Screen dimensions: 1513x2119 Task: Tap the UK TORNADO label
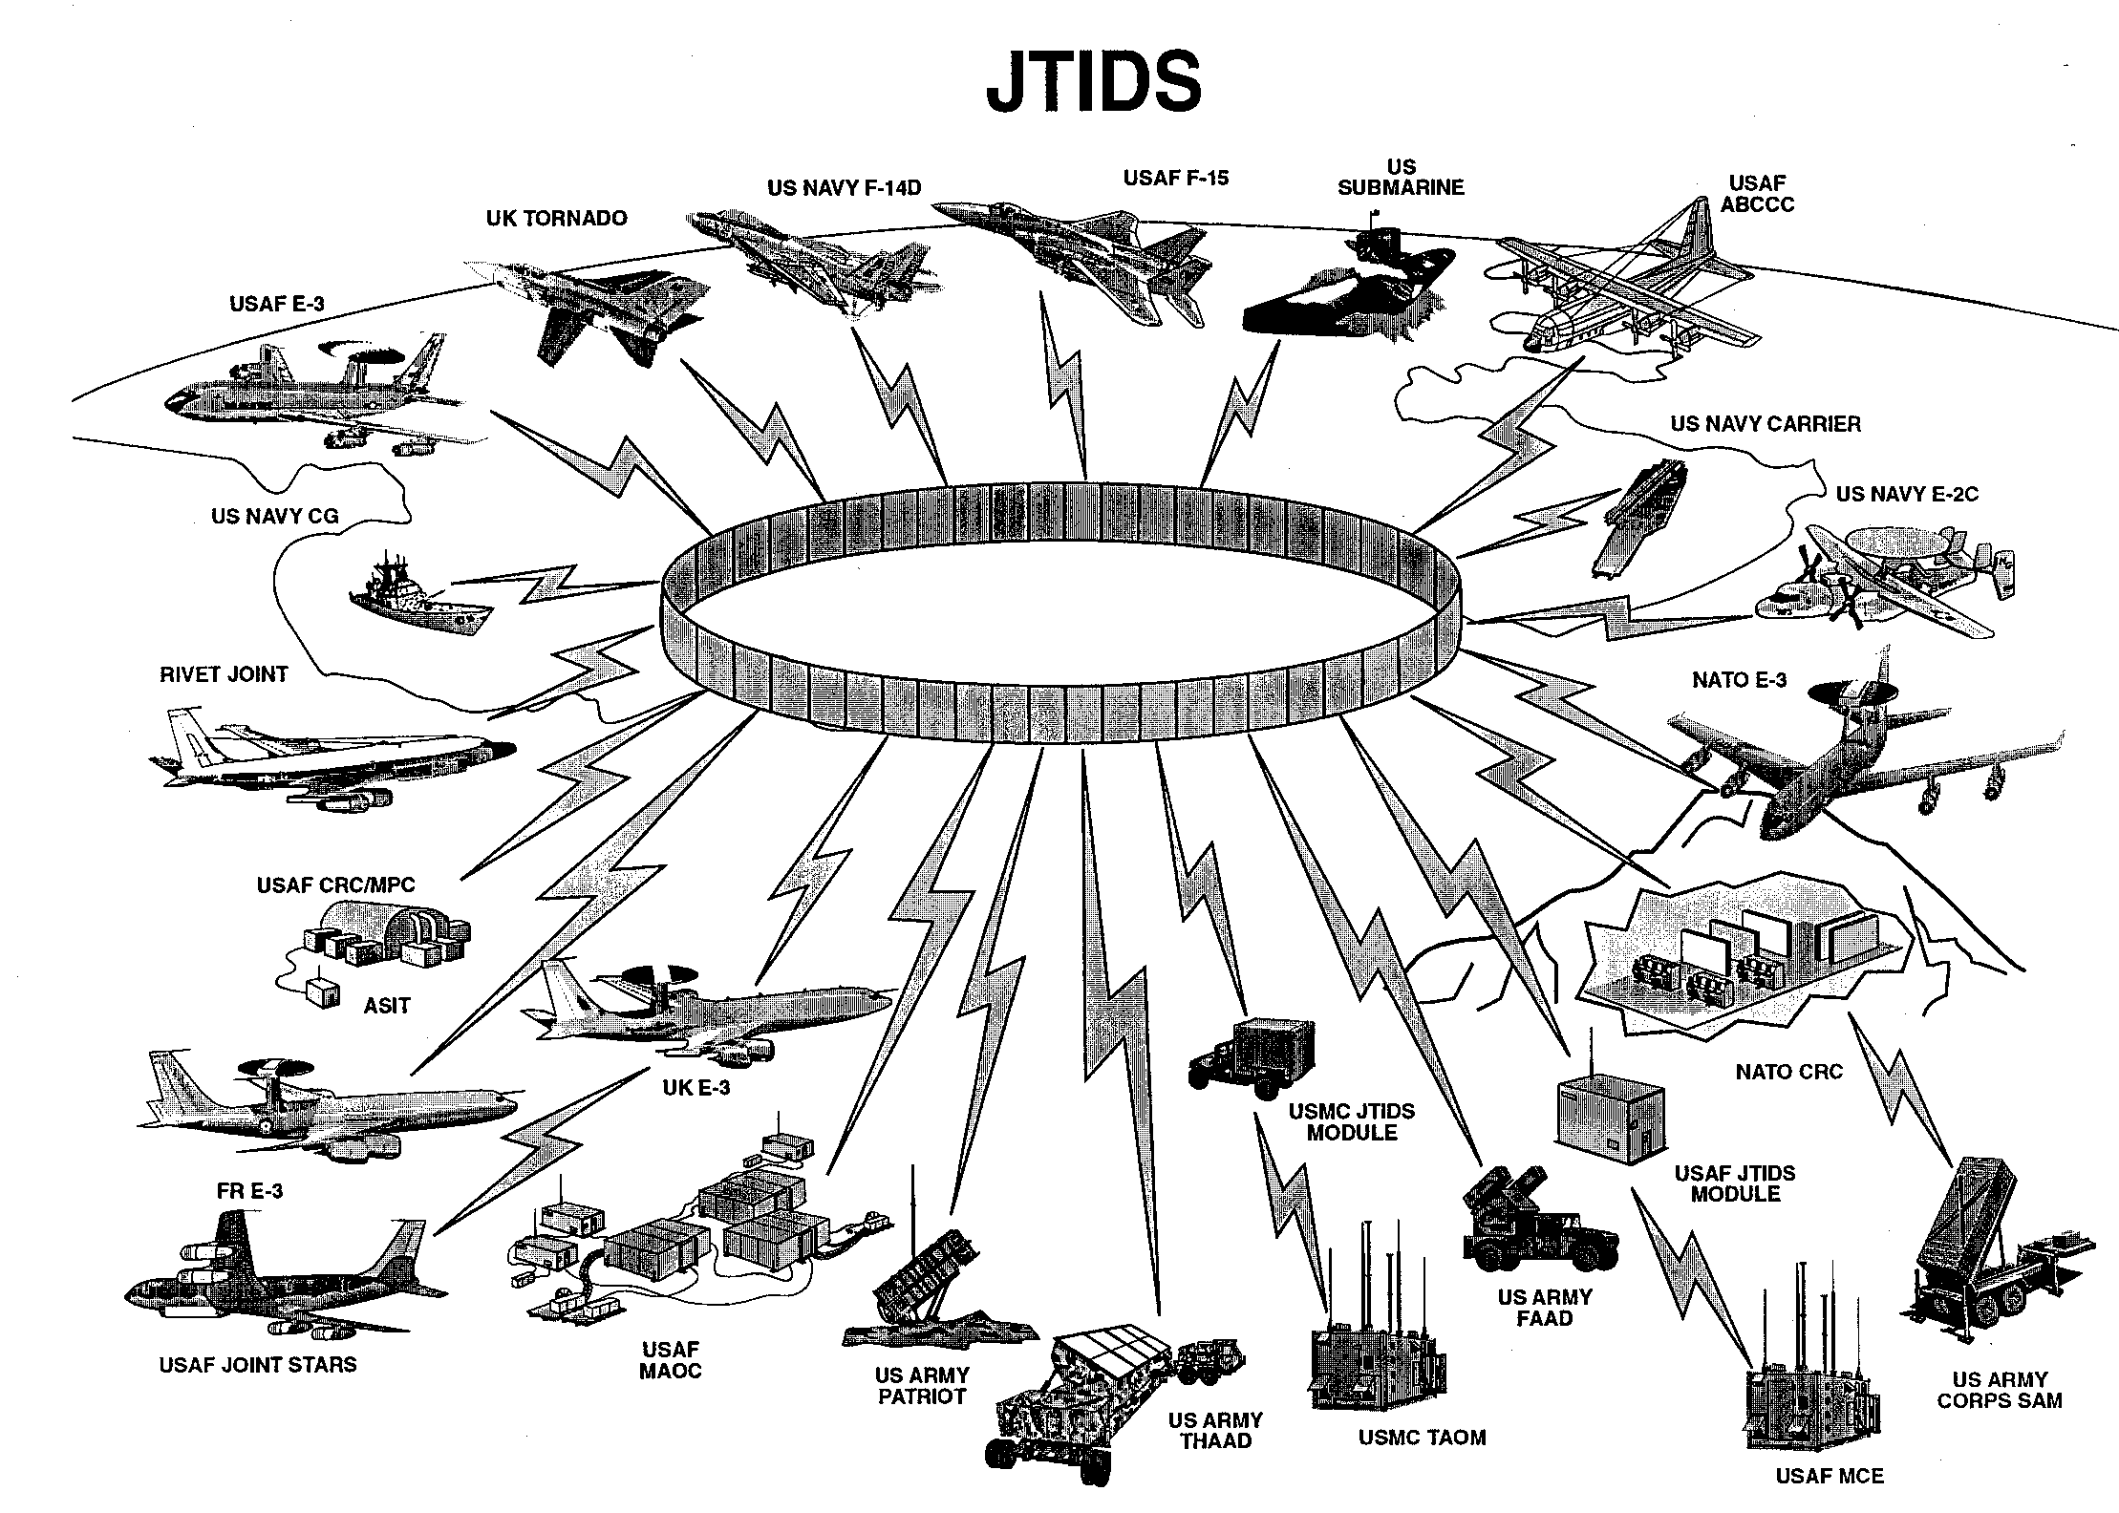[556, 218]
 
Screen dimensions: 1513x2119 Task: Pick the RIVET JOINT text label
[224, 674]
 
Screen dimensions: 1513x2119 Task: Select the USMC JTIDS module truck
[1252, 1060]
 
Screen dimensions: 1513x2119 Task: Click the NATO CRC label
[1788, 1072]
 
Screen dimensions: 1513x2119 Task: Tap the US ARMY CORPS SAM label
[1999, 1390]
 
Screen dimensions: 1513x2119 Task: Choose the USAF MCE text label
[1830, 1476]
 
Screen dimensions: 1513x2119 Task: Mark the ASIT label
[387, 1005]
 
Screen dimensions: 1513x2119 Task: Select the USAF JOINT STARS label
[258, 1364]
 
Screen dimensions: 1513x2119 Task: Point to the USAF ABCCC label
[1762, 193]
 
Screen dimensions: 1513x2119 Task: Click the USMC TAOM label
[1423, 1438]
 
